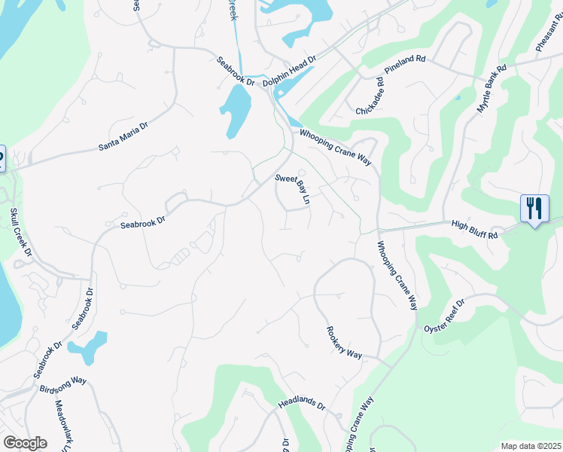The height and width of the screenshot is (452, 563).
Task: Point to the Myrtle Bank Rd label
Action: click(492, 89)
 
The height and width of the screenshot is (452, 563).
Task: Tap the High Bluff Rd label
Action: click(474, 230)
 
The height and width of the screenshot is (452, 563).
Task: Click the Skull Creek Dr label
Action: click(21, 235)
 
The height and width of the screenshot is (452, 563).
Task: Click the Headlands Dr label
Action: click(301, 405)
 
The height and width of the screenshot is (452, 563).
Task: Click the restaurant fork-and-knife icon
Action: click(534, 207)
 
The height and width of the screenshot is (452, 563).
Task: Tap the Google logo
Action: click(24, 443)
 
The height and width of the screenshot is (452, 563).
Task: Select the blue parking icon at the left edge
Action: click(2, 160)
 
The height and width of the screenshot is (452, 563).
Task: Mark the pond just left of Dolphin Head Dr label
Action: click(236, 110)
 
